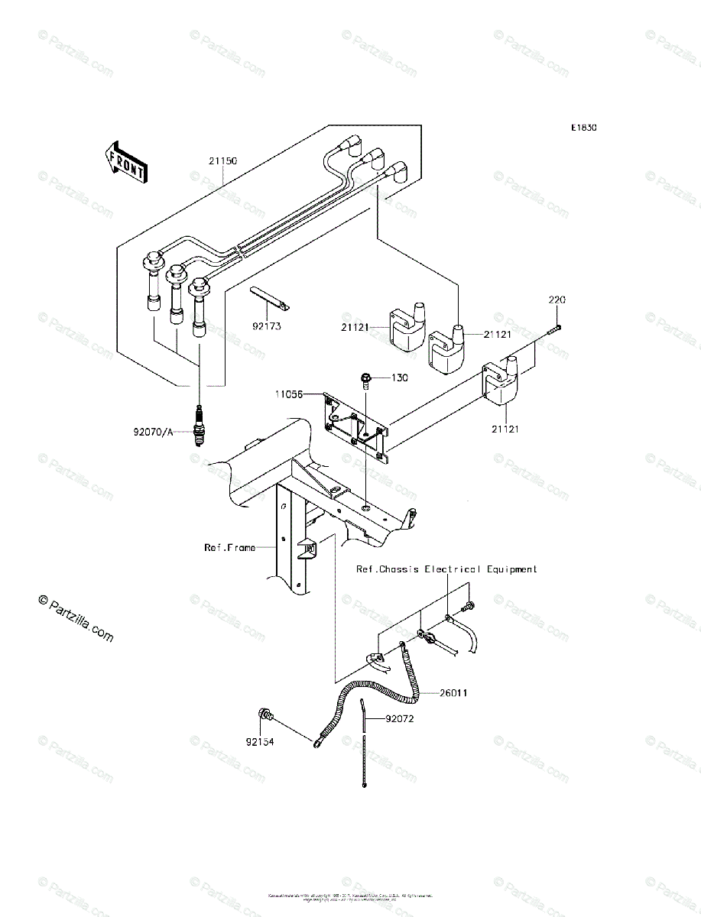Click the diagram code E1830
coord(582,128)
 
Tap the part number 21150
coord(222,161)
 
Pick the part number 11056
coord(290,394)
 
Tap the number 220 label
coord(556,300)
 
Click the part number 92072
coord(400,718)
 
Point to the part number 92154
coord(260,740)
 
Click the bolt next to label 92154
coord(265,717)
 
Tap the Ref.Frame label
coord(229,547)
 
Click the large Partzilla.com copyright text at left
coord(76,619)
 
